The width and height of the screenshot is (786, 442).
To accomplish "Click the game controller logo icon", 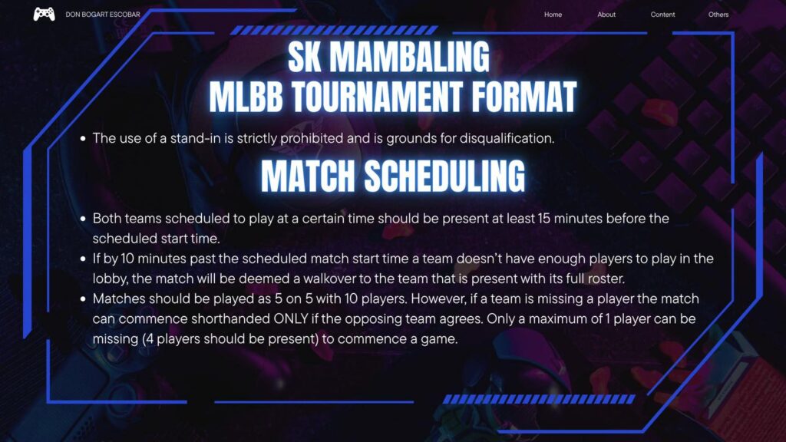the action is tap(44, 14).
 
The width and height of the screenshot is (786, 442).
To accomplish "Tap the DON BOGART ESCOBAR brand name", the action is tap(103, 15).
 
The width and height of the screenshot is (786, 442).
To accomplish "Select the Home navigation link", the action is tap(553, 15).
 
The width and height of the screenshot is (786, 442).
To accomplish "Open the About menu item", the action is tap(606, 15).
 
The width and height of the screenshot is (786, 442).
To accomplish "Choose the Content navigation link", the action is tap(662, 15).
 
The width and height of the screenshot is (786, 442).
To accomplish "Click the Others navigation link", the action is tap(718, 15).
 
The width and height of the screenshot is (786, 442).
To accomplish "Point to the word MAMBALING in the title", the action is tap(409, 57).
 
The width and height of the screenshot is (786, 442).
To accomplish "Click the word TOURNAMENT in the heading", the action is tap(377, 97).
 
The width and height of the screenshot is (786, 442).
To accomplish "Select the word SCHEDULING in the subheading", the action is tap(444, 176).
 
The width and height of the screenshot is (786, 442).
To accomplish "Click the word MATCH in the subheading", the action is tap(308, 176).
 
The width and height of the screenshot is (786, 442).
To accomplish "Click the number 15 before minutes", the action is tap(544, 219).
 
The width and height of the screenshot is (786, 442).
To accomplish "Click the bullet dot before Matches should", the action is tap(83, 299).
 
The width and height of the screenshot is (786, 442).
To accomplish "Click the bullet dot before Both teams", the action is tap(83, 219).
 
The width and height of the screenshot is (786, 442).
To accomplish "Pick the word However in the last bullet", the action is tap(438, 299).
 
